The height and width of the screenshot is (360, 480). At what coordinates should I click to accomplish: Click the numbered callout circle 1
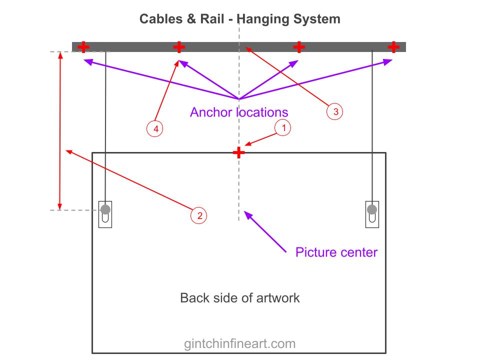pos(283,128)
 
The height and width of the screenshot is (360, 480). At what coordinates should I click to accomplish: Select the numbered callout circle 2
pos(199,215)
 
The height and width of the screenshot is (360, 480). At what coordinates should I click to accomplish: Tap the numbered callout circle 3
pos(335,111)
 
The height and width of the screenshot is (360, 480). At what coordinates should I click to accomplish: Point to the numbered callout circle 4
pos(156,129)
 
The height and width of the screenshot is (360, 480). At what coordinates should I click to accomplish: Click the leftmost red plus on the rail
pos(84,47)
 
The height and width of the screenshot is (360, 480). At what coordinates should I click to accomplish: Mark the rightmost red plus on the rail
pos(393,47)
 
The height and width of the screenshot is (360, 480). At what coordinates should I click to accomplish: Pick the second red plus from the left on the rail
pos(179,47)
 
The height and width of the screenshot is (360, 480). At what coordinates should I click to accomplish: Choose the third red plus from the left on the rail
pos(299,47)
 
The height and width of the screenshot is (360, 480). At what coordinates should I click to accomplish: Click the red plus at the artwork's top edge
pos(239,152)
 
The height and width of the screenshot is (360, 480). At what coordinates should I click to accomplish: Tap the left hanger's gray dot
pos(105,209)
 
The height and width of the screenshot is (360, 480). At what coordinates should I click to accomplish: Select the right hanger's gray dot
pos(372,209)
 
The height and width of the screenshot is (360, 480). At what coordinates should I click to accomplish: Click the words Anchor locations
pos(239,112)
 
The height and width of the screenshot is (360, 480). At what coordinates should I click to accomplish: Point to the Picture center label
pos(336,251)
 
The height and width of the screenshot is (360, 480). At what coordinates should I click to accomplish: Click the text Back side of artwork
pos(239,298)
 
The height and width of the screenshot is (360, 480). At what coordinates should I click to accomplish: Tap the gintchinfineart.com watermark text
pos(239,343)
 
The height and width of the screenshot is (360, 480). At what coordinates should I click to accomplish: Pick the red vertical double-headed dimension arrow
pos(60,130)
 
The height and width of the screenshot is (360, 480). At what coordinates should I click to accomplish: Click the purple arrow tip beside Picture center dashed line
pos(245,213)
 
